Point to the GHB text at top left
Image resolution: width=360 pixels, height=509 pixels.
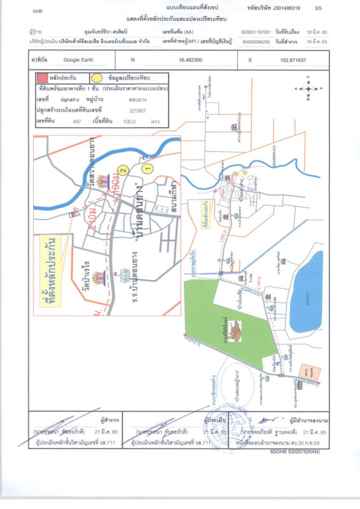tap(38, 11)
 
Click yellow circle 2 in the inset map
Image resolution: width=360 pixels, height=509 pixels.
tap(124, 170)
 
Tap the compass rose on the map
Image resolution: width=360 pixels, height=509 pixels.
tap(309, 89)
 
